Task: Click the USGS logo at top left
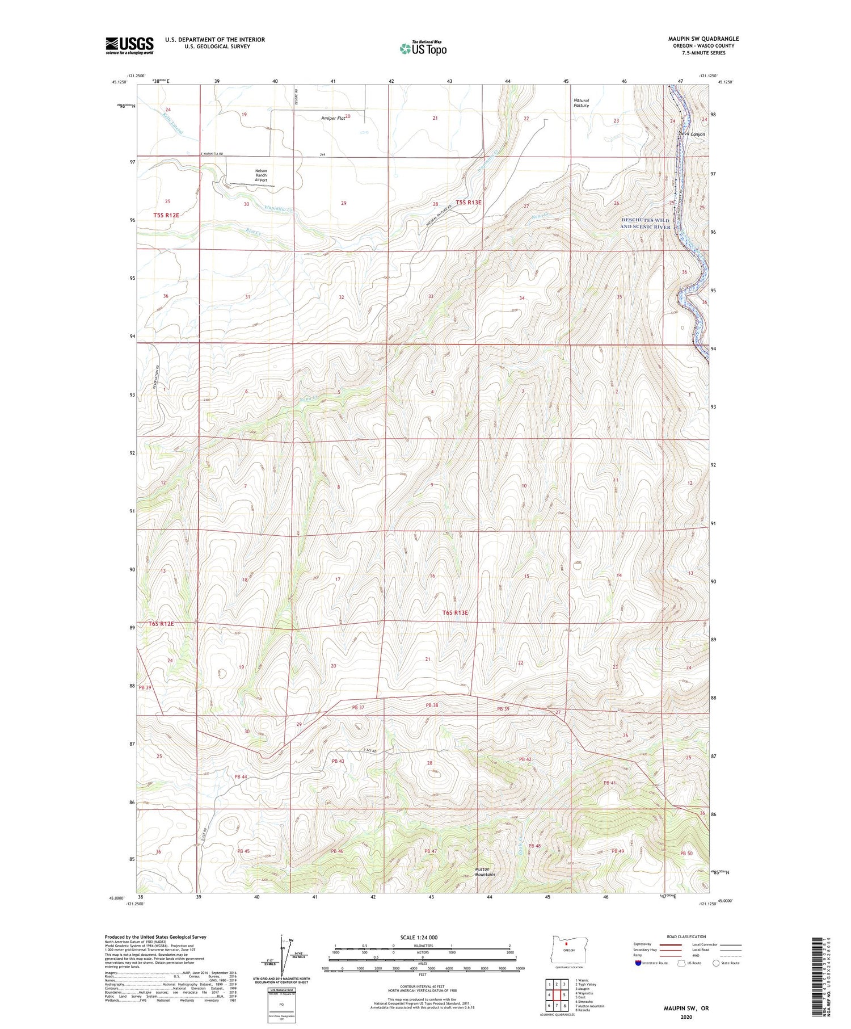129,45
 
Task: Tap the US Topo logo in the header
423,49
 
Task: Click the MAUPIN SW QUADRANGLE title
703,39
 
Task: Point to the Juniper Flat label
332,119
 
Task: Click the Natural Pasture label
581,103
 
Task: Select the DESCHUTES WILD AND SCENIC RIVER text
645,223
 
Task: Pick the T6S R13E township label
455,612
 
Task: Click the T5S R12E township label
166,215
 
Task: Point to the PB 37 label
358,707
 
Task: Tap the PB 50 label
686,854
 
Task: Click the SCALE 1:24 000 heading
419,938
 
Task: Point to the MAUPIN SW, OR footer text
686,1009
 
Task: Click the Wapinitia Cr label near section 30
279,209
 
